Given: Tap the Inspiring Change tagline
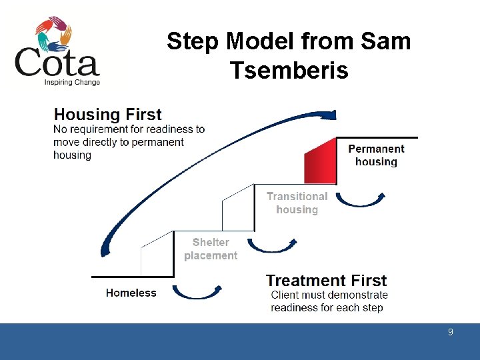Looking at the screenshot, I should click(72, 83).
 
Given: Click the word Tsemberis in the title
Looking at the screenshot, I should click(289, 69).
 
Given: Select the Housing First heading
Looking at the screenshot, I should click(107, 115).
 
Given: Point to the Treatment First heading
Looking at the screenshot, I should click(326, 281).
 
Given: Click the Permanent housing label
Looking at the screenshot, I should click(376, 155).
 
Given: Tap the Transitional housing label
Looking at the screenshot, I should click(297, 203).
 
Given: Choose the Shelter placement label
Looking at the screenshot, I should click(211, 249).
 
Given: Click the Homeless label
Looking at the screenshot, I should click(131, 293).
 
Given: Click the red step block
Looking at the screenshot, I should click(320, 161).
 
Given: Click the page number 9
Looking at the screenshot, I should click(451, 332).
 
